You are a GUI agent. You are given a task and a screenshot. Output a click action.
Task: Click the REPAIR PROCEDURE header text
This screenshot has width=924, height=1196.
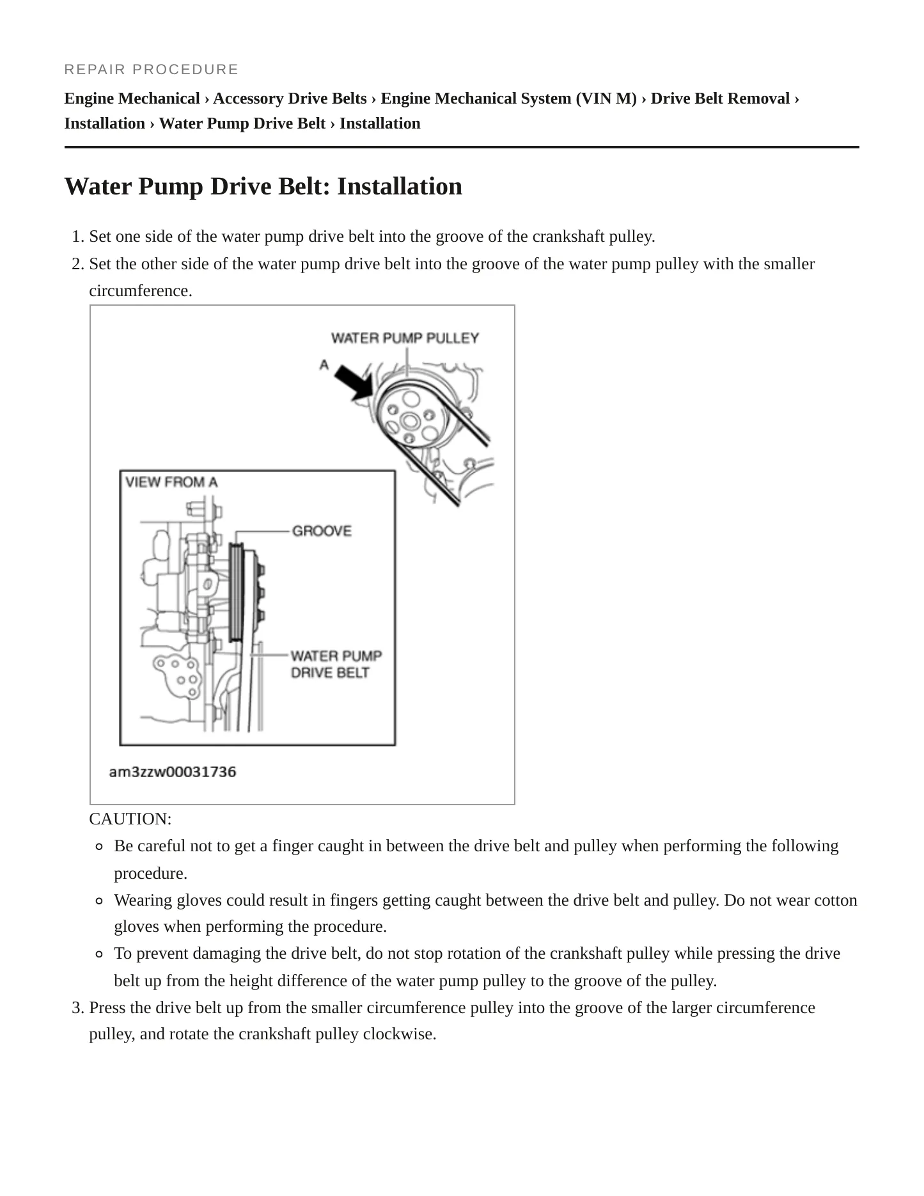pos(152,69)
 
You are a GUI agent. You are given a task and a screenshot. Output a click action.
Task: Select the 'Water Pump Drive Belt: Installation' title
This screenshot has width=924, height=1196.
pos(263,187)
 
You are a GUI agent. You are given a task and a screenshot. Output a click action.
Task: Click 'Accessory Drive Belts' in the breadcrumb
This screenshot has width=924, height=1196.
pos(290,98)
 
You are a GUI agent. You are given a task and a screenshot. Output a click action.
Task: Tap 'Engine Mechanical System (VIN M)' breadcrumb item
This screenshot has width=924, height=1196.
pos(509,98)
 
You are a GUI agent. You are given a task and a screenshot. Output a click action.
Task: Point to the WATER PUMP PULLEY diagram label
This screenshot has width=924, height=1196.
pos(405,338)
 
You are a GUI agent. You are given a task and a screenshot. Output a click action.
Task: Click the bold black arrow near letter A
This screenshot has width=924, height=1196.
pos(355,383)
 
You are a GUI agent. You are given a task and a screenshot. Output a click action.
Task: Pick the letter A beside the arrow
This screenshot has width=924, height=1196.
pos(324,365)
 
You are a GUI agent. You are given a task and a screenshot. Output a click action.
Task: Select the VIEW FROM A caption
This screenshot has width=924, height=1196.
pos(171,482)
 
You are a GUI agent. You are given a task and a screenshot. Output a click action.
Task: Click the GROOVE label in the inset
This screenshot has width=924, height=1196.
pos(322,531)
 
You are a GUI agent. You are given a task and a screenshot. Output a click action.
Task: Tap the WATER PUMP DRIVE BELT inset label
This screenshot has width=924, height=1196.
pos(336,664)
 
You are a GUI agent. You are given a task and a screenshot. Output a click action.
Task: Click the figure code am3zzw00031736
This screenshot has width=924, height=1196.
pos(173,772)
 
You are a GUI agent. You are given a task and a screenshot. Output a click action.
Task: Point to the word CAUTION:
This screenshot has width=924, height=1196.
pos(130,819)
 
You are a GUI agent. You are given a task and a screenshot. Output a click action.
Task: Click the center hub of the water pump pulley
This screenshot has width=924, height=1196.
pos(409,421)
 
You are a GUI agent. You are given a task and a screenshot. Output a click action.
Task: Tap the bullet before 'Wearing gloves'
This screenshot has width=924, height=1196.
pos(99,901)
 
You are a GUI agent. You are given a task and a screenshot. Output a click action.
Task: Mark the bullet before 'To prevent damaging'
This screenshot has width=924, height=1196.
pos(99,954)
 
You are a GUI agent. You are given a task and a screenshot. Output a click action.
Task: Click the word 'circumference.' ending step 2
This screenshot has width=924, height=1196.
pos(141,291)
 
